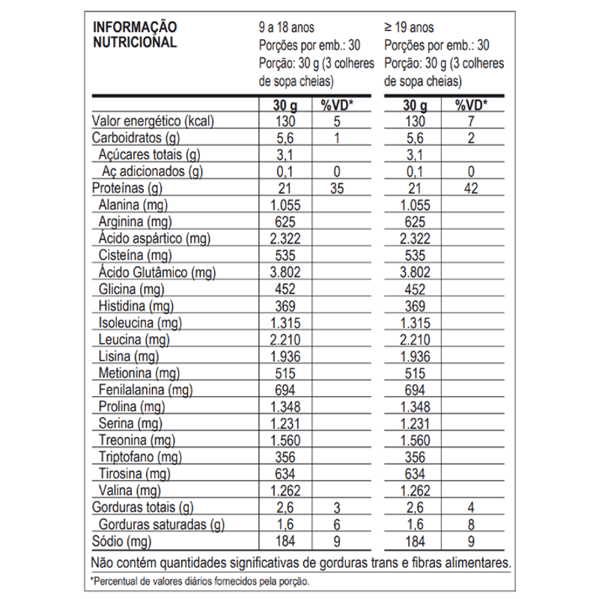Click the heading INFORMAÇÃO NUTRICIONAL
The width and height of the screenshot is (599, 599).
134,34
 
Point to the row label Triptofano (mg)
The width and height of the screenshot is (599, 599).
140,456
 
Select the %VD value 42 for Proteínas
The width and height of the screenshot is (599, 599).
471,188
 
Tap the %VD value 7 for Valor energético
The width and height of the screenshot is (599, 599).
471,121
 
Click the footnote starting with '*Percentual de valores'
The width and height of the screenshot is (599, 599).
200,580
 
